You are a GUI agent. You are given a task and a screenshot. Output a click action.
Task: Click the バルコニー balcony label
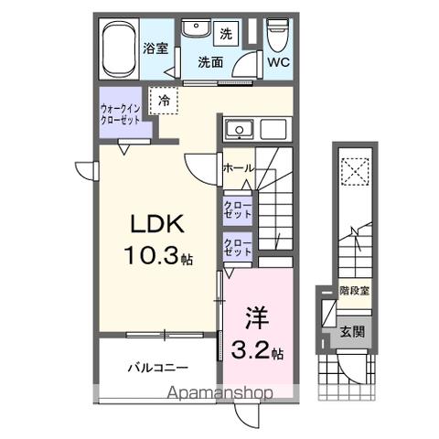click(157, 369)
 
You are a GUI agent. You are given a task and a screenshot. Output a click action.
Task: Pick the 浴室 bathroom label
click(155, 48)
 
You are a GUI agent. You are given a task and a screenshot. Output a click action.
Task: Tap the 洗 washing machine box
click(226, 34)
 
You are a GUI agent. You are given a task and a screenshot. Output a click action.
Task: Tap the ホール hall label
click(239, 169)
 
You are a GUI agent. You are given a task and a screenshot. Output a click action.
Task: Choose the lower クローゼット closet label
click(238, 246)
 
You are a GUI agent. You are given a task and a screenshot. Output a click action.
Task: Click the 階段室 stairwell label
click(353, 291)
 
